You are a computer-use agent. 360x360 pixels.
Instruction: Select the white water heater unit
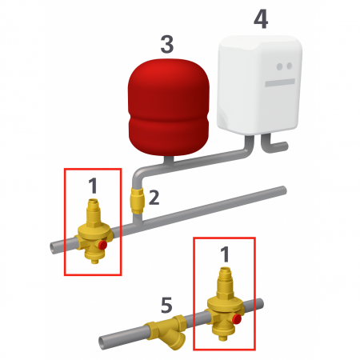261,84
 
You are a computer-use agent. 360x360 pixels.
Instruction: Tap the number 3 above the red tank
166,44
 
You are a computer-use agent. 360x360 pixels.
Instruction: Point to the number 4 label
260,20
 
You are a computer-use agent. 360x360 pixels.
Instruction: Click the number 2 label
155,197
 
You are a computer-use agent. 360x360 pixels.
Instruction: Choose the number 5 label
166,304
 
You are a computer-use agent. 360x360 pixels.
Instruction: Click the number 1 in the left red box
93,187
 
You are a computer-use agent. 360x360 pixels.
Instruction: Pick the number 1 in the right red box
225,255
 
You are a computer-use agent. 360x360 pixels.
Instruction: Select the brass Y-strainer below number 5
166,330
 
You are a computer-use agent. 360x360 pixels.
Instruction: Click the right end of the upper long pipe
282,190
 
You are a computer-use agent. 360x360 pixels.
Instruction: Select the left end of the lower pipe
102,342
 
